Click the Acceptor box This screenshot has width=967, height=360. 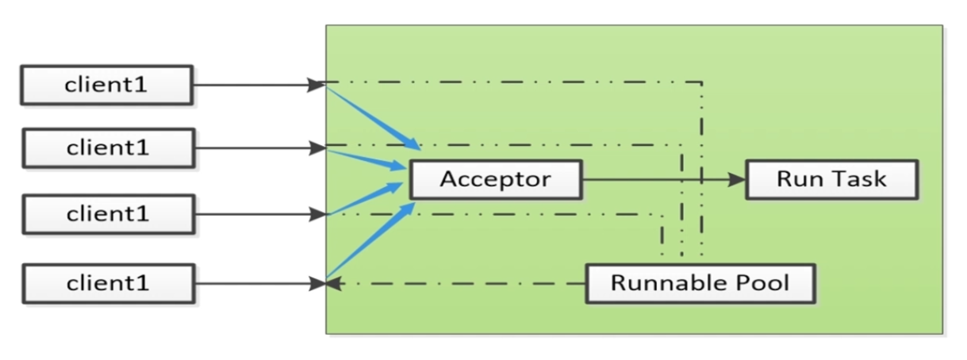[495, 179]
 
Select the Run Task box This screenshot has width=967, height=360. [831, 179]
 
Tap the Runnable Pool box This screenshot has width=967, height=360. [700, 283]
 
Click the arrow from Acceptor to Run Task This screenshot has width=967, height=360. [658, 180]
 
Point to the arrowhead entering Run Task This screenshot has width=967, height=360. [739, 180]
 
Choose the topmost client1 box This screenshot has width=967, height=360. [106, 85]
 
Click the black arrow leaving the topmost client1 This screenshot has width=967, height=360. [254, 84]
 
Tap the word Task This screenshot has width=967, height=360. [859, 179]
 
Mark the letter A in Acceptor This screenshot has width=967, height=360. [448, 179]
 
